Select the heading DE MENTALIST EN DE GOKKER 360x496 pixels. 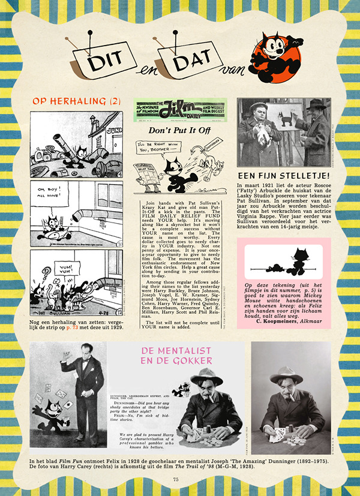point(177,354)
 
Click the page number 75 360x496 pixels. point(176,479)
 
